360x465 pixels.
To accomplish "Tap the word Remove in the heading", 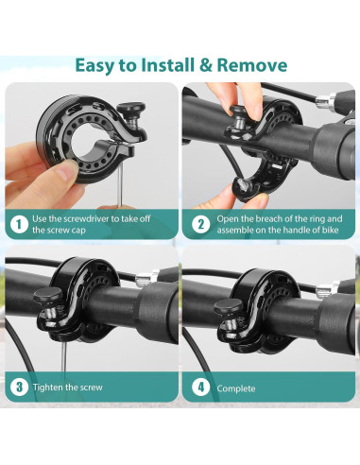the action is (252, 65).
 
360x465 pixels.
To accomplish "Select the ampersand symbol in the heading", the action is (206, 65).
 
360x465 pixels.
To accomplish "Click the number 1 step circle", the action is (19, 224).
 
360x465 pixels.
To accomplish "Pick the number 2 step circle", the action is (200, 224).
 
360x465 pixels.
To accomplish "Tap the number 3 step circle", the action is (19, 387).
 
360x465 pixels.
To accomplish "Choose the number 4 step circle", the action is (200, 387).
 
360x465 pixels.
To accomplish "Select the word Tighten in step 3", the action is (47, 387).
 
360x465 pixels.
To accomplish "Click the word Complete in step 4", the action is (236, 388).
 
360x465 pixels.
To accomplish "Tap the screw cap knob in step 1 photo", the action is (131, 109).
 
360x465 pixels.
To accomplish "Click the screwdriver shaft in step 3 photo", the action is (64, 356).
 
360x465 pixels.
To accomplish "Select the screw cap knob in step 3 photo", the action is (48, 295).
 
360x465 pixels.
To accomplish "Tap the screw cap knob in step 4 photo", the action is (228, 305).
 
